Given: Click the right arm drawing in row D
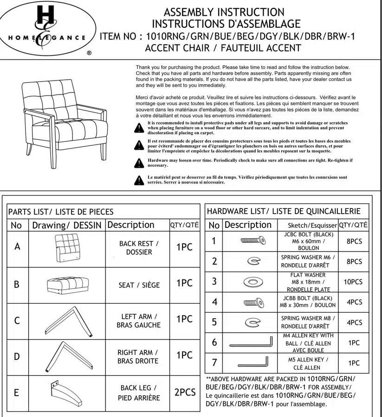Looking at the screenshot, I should [x=66, y=356].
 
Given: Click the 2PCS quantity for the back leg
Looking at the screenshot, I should [x=185, y=392].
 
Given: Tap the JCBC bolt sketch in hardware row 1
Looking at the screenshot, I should [x=253, y=240].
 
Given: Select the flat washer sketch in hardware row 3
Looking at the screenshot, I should [x=253, y=281].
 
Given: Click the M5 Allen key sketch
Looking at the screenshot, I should [x=249, y=362].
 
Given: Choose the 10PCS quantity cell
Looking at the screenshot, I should [x=354, y=282].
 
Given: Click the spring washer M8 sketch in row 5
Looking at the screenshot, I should [x=253, y=322].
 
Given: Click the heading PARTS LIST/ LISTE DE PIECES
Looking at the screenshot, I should [x=61, y=212].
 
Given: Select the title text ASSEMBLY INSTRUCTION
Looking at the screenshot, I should [x=224, y=12].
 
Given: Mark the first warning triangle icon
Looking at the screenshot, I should [x=139, y=128].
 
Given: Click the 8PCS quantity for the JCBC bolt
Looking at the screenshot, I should [x=354, y=241].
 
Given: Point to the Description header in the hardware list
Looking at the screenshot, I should [x=248, y=225].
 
